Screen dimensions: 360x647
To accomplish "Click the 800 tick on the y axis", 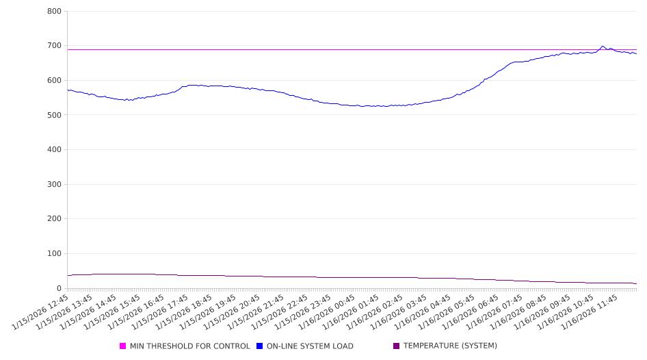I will pyautogui.click(x=55, y=12).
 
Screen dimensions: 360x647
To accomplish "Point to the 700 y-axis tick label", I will pyautogui.click(x=55, y=46).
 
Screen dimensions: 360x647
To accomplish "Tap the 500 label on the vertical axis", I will pyautogui.click(x=55, y=115).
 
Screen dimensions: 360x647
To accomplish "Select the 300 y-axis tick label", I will pyautogui.click(x=55, y=185).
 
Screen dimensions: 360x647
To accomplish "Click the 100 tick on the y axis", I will pyautogui.click(x=55, y=254).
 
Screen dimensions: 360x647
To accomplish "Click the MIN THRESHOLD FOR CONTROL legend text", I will pyautogui.click(x=189, y=346).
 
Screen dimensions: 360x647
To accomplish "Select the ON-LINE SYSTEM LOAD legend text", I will pyautogui.click(x=310, y=346).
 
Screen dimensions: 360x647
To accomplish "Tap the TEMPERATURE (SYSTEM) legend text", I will pyautogui.click(x=450, y=346).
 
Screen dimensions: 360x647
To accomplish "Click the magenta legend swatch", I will pyautogui.click(x=123, y=346).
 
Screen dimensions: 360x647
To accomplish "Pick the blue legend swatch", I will pyautogui.click(x=260, y=346).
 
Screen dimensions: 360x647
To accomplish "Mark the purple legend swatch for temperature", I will pyautogui.click(x=397, y=346).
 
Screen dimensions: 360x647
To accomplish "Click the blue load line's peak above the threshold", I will pyautogui.click(x=603, y=47).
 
